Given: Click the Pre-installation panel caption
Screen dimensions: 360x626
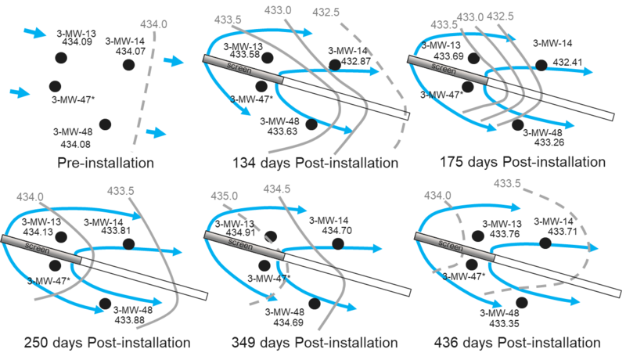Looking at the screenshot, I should click(x=105, y=164).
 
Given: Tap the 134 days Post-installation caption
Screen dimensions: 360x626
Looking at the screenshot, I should click(x=315, y=164).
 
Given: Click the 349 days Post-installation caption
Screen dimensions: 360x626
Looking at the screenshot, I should click(x=315, y=343).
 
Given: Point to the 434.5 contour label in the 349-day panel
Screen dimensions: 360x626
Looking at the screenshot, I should click(x=275, y=190).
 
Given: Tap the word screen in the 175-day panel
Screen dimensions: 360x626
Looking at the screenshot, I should click(x=450, y=68).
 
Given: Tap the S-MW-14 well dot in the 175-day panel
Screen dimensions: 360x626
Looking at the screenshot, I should click(x=540, y=63).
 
